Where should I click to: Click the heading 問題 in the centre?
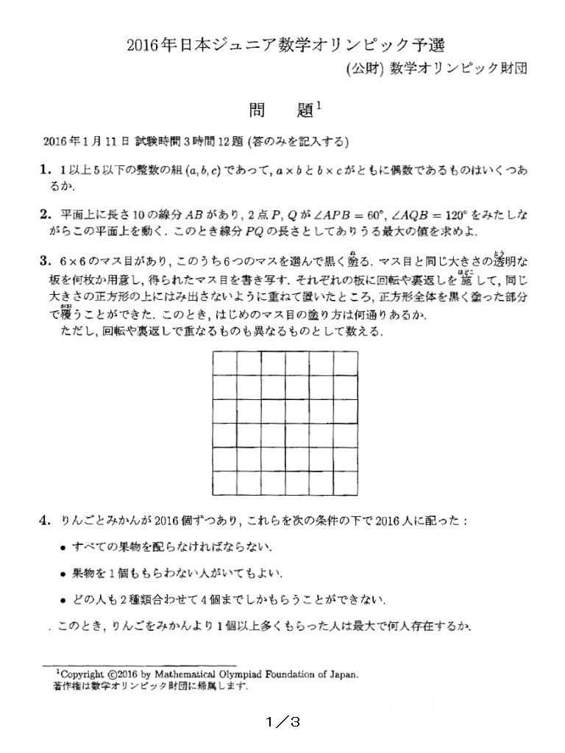(x=282, y=112)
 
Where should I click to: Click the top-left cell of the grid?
(x=225, y=363)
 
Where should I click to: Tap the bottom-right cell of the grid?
(x=345, y=482)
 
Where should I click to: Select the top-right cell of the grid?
(x=345, y=363)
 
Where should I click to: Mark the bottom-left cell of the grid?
(x=225, y=482)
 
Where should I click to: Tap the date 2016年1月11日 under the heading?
(x=87, y=140)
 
